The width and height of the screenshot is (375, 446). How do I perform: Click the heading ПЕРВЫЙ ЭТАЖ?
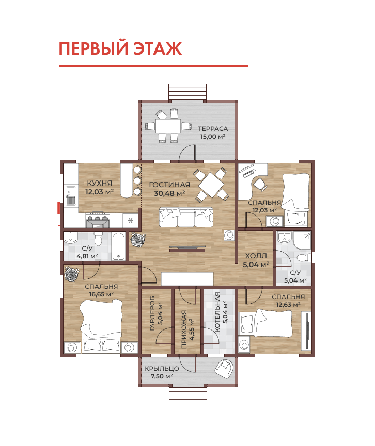pyautogui.click(x=120, y=48)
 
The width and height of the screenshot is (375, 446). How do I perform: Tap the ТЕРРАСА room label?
pyautogui.click(x=213, y=129)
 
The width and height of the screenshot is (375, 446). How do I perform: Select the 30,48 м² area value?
pyautogui.click(x=169, y=193)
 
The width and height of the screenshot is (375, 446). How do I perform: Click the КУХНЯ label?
pyautogui.click(x=100, y=183)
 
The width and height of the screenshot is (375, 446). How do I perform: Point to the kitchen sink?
pyautogui.click(x=71, y=196)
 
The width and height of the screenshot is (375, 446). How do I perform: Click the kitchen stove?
pyautogui.click(x=98, y=220)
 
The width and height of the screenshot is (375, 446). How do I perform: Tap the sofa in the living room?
pyautogui.click(x=186, y=217)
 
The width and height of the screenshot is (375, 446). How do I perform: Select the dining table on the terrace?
pyautogui.click(x=168, y=125)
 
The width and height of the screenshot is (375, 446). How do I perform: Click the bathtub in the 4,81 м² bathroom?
pyautogui.click(x=118, y=246)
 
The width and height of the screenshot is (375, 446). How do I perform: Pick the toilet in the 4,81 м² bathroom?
pyautogui.click(x=98, y=239)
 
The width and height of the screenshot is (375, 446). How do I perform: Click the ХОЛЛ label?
pyautogui.click(x=256, y=256)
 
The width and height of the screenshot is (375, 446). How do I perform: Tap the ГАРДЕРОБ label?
pyautogui.click(x=152, y=313)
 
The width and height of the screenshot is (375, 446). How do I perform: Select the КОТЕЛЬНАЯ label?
pyautogui.click(x=217, y=312)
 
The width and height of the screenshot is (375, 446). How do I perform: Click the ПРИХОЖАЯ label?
pyautogui.click(x=184, y=329)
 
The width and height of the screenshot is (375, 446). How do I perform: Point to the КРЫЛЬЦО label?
pyautogui.click(x=162, y=369)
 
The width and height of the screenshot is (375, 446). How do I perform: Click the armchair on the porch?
pyautogui.click(x=225, y=369)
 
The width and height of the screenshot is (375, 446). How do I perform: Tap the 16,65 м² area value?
pyautogui.click(x=101, y=294)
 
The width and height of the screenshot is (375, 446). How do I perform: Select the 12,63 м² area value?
pyautogui.click(x=288, y=305)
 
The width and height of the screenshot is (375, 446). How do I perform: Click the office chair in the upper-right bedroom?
pyautogui.click(x=260, y=184)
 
